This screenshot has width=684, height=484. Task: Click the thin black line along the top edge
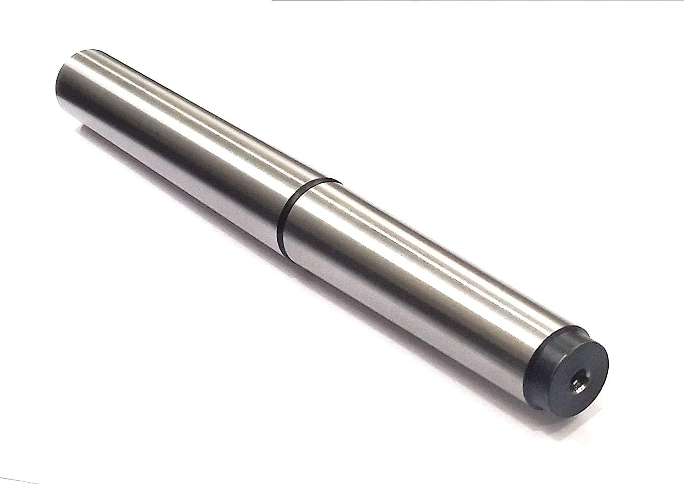(456, 1)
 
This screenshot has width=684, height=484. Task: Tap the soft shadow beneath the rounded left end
(73, 132)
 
